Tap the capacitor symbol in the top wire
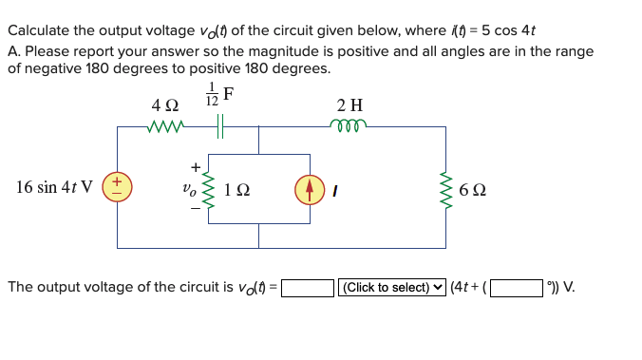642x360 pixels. [221, 125]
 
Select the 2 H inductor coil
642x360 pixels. [349, 124]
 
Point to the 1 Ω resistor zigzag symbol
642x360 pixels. [209, 187]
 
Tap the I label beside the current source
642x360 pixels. [334, 188]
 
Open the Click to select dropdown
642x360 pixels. [391, 286]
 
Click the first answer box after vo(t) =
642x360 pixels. [307, 286]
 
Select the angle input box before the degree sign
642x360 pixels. [516, 286]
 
